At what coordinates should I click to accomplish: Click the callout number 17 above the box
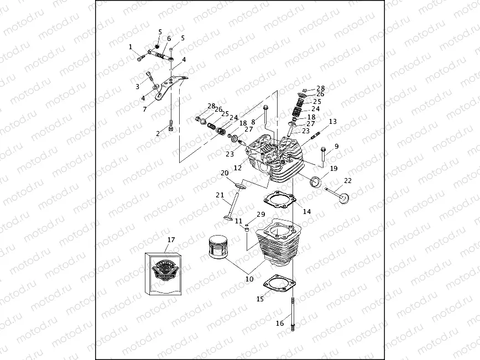click(x=171, y=240)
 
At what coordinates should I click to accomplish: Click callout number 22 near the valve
click(x=347, y=181)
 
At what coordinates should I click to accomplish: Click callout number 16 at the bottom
click(x=280, y=324)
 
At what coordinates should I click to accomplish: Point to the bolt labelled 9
click(x=322, y=154)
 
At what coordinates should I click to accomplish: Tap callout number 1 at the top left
click(x=131, y=47)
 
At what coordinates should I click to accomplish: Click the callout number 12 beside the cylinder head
click(x=238, y=168)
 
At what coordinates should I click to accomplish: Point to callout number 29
click(x=261, y=215)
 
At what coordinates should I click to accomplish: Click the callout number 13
click(x=332, y=122)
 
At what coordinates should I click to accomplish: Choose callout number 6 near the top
click(x=169, y=39)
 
